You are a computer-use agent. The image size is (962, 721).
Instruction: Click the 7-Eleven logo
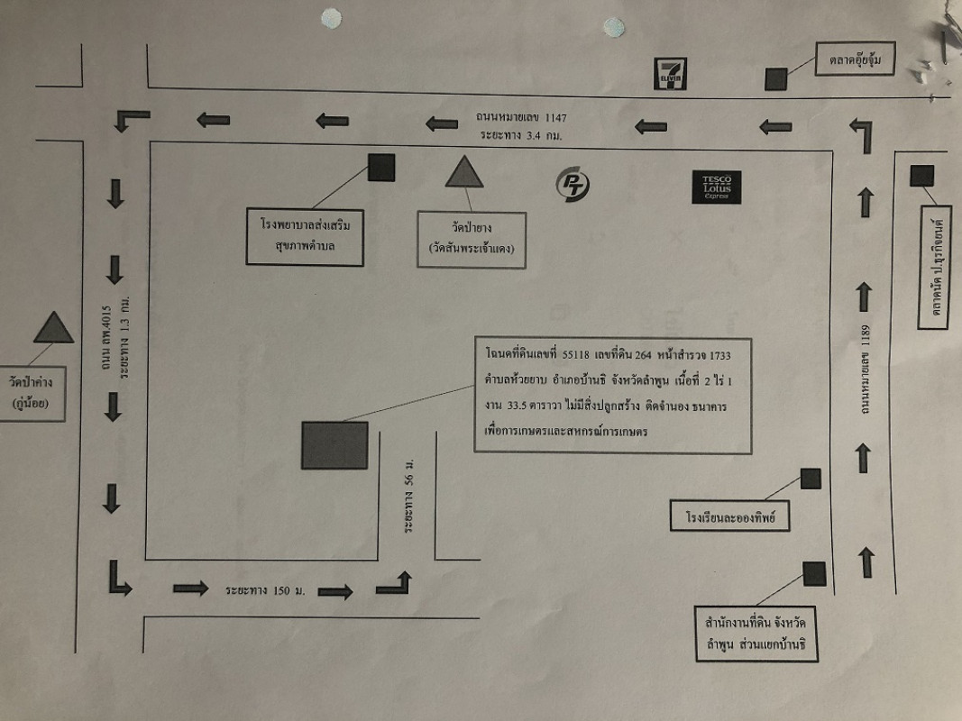(670, 74)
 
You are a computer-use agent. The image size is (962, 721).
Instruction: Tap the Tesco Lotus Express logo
(717, 187)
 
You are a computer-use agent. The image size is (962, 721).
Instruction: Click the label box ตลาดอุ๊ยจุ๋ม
(856, 60)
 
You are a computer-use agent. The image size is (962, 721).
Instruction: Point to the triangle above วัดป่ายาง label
(464, 172)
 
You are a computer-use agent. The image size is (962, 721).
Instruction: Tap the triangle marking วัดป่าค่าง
(53, 328)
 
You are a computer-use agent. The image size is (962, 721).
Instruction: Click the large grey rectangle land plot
(334, 445)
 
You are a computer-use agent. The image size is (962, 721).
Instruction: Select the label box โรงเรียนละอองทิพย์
(730, 518)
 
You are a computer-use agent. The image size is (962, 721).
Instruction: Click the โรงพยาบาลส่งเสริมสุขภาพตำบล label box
(305, 237)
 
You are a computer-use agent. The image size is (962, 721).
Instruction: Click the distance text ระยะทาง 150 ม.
(266, 590)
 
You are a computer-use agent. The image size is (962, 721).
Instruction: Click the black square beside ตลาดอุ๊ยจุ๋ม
(776, 79)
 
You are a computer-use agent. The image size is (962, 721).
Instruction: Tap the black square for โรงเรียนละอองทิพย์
(811, 479)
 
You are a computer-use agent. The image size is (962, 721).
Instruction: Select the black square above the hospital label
(381, 168)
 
